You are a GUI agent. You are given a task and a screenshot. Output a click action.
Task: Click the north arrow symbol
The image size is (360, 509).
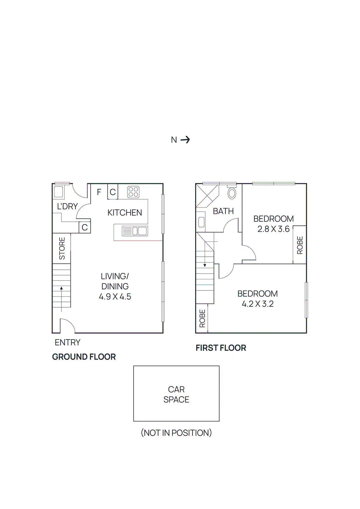click(x=185, y=140)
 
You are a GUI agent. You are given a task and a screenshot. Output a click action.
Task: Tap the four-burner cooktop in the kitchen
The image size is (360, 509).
click(x=133, y=192)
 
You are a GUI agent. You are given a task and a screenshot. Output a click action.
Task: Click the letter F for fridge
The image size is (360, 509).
click(x=99, y=192)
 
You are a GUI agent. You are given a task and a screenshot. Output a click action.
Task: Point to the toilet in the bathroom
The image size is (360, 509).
click(x=232, y=193)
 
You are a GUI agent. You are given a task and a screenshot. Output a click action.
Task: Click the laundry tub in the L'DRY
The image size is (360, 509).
click(x=59, y=192)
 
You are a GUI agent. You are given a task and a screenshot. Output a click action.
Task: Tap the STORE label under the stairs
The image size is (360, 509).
click(x=62, y=248)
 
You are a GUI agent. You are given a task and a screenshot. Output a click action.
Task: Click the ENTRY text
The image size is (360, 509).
click(x=67, y=343)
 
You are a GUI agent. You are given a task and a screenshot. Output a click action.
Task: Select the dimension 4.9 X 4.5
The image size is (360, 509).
click(x=115, y=296)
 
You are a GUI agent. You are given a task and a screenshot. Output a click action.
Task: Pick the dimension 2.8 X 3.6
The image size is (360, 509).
click(x=273, y=229)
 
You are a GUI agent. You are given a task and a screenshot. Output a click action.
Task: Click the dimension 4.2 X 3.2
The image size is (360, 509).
click(x=258, y=304)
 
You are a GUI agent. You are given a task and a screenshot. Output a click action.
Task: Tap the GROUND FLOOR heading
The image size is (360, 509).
click(x=84, y=357)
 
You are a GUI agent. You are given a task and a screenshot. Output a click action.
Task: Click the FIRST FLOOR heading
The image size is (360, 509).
click(x=221, y=348)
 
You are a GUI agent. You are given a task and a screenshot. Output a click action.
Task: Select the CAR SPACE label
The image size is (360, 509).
click(x=176, y=394)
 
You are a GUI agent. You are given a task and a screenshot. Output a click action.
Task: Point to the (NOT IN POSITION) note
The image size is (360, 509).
click(x=176, y=433)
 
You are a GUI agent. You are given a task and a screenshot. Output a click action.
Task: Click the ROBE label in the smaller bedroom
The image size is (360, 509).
click(x=300, y=245)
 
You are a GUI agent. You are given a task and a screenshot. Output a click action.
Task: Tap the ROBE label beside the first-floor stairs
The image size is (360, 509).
click(x=202, y=318)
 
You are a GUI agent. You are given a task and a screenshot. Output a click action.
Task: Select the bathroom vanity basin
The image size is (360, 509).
click(x=201, y=222)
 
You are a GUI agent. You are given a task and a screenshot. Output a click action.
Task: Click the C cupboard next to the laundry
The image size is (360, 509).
click(x=85, y=227)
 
